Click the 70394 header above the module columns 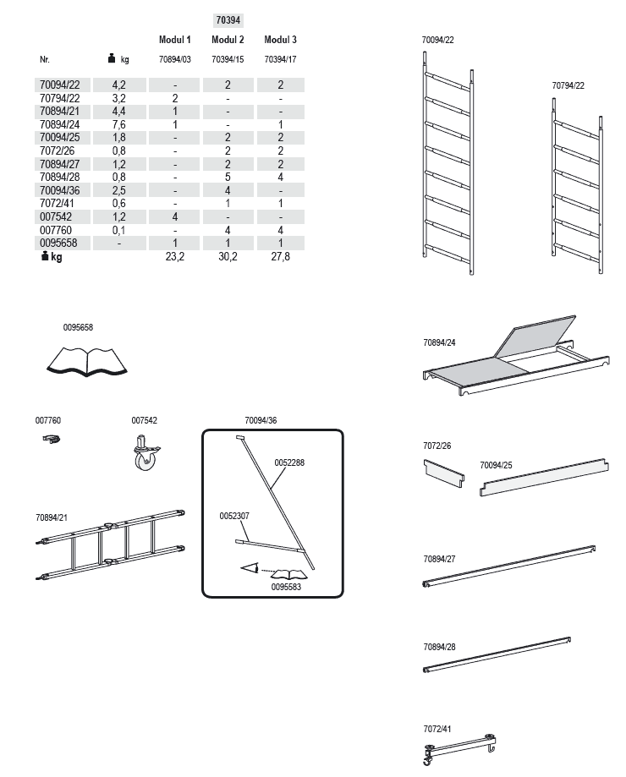228,19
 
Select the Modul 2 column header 228,40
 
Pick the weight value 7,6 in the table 119,124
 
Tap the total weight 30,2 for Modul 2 228,257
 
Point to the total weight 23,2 174,257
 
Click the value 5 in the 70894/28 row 228,178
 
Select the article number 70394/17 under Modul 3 280,60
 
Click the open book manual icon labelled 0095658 87,359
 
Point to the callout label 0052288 289,463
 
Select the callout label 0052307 234,515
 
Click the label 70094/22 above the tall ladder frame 438,40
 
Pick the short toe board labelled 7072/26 444,473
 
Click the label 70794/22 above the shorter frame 568,85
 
